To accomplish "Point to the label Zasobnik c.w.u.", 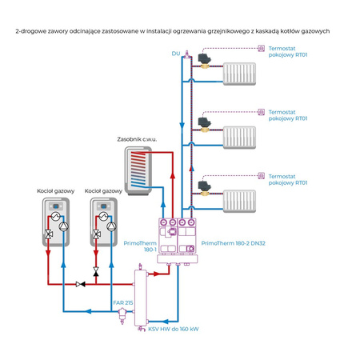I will click(137, 140).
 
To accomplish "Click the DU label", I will click(175, 54).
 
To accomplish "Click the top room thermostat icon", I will click(260, 50).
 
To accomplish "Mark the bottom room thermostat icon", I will click(260, 175).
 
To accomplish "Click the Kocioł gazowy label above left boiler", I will click(56, 191).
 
